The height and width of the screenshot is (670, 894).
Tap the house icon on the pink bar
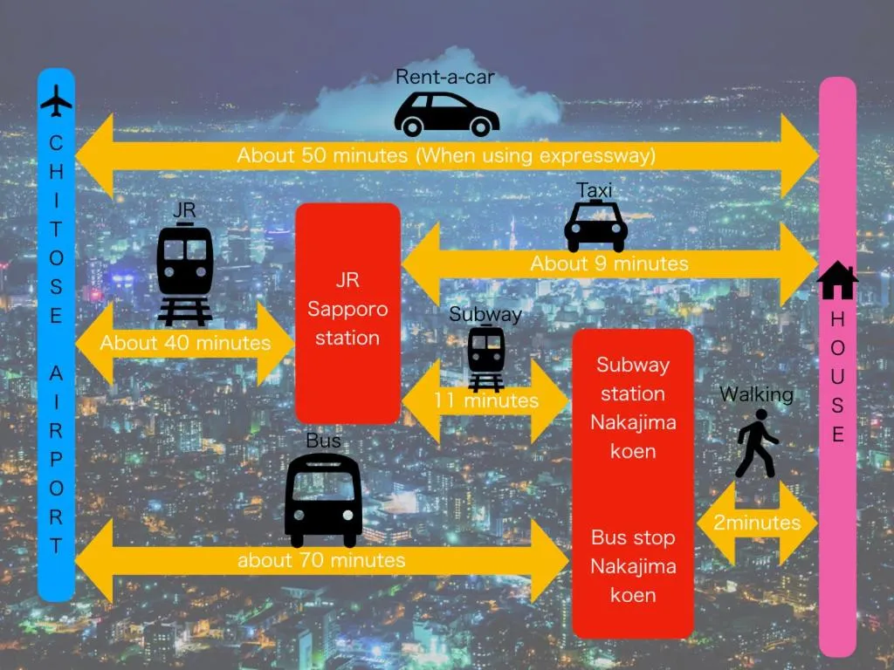(x=837, y=281)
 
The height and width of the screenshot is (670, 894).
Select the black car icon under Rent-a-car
(x=446, y=114)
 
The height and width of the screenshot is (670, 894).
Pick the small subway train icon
(x=485, y=358)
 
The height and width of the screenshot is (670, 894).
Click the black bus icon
(x=323, y=499)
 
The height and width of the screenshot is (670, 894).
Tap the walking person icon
(x=755, y=444)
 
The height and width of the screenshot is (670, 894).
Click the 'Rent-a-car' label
(x=445, y=77)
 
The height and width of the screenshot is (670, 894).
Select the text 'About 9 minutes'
(x=609, y=263)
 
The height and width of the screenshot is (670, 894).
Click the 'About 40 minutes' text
(x=185, y=343)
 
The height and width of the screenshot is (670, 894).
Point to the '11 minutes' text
(x=486, y=400)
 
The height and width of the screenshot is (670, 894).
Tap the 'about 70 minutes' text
(x=321, y=559)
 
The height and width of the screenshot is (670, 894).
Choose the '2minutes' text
(x=757, y=523)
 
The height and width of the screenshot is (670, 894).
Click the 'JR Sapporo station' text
(x=347, y=310)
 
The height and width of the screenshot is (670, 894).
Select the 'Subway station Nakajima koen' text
(x=633, y=407)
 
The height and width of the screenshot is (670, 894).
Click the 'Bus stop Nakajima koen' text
(x=633, y=566)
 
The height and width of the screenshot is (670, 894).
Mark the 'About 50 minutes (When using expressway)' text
(x=446, y=155)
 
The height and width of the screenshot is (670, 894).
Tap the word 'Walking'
(x=756, y=394)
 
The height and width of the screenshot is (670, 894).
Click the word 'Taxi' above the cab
(x=594, y=190)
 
